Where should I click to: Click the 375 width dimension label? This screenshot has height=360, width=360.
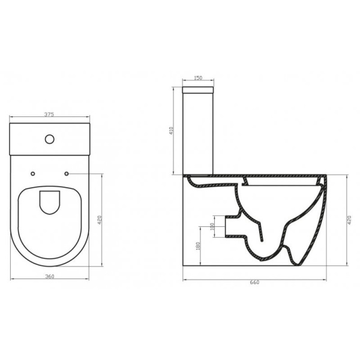pos(50,113)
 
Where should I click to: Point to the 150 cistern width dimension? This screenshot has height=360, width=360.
pos(198,77)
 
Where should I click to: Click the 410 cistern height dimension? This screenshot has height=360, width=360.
pos(172,130)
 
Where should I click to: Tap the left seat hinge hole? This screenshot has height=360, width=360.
pos(33,174)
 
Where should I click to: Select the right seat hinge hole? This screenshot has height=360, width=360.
pos(66,174)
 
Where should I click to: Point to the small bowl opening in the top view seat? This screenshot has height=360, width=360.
pos(49,203)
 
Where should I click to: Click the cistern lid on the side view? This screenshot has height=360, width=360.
pos(198,91)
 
